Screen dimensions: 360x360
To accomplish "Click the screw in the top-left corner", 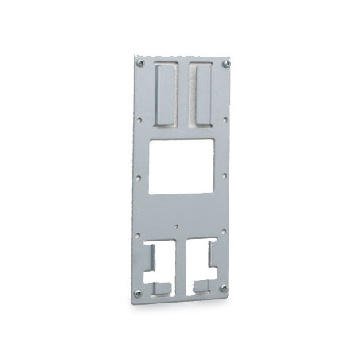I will [141, 63].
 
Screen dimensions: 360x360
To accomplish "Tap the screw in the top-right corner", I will [226, 63].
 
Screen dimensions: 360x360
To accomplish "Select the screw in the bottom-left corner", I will [137, 293].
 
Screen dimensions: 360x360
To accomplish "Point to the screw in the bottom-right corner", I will [223, 288].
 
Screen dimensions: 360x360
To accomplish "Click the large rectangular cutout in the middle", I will [182, 166].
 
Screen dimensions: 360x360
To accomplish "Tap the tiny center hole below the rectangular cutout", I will [177, 225].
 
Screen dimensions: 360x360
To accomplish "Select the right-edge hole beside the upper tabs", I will [225, 120].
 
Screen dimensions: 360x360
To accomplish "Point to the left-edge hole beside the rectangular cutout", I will [139, 178].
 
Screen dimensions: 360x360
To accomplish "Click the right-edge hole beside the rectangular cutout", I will [225, 176].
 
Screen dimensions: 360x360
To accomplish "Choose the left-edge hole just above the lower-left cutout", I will [138, 235].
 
